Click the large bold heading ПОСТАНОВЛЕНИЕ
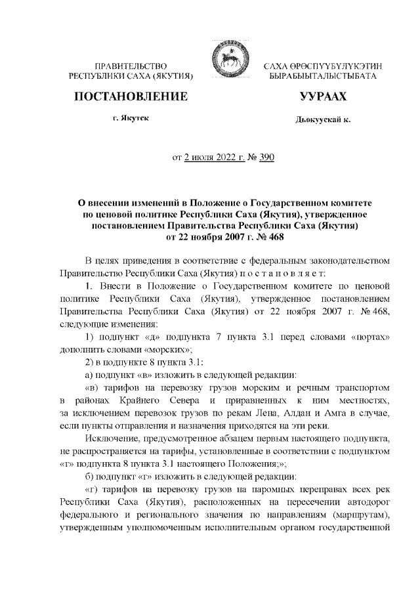tap(131, 98)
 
